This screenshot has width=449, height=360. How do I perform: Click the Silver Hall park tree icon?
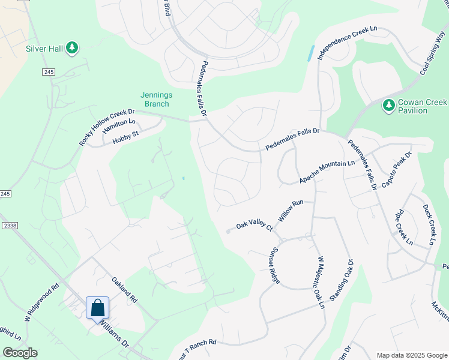71,47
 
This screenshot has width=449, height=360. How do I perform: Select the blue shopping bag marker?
97,308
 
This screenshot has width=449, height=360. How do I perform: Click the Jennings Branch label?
156,100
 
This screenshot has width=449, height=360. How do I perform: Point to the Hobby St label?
126,137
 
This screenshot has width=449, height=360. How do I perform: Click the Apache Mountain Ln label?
327,172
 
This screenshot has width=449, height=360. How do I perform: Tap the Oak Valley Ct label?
254,226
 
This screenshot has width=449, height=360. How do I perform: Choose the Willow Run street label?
289,212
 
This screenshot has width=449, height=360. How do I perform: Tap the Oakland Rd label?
125,289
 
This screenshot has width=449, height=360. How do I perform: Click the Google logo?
20,353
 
